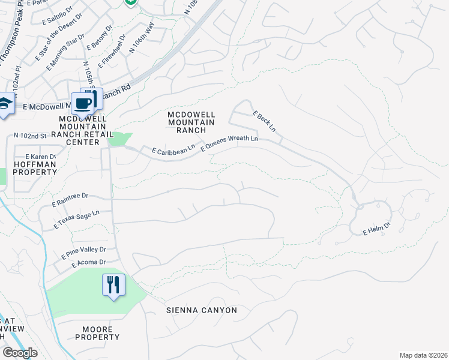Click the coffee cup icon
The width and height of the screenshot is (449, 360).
pos(83,103)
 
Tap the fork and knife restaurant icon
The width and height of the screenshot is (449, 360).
pos(113,284)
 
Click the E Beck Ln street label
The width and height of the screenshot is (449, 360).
pos(264,121)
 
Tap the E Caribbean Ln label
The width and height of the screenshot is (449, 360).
pos(173,150)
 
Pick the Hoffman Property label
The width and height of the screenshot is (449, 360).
pos(35,167)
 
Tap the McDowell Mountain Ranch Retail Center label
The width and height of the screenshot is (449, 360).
pos(83,130)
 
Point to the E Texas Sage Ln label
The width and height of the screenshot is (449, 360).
pos(76,220)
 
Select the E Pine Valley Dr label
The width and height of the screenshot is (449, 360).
pos(84,253)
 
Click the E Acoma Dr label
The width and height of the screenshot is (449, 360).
pos(88,263)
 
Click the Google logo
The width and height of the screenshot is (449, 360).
pos(20,353)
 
